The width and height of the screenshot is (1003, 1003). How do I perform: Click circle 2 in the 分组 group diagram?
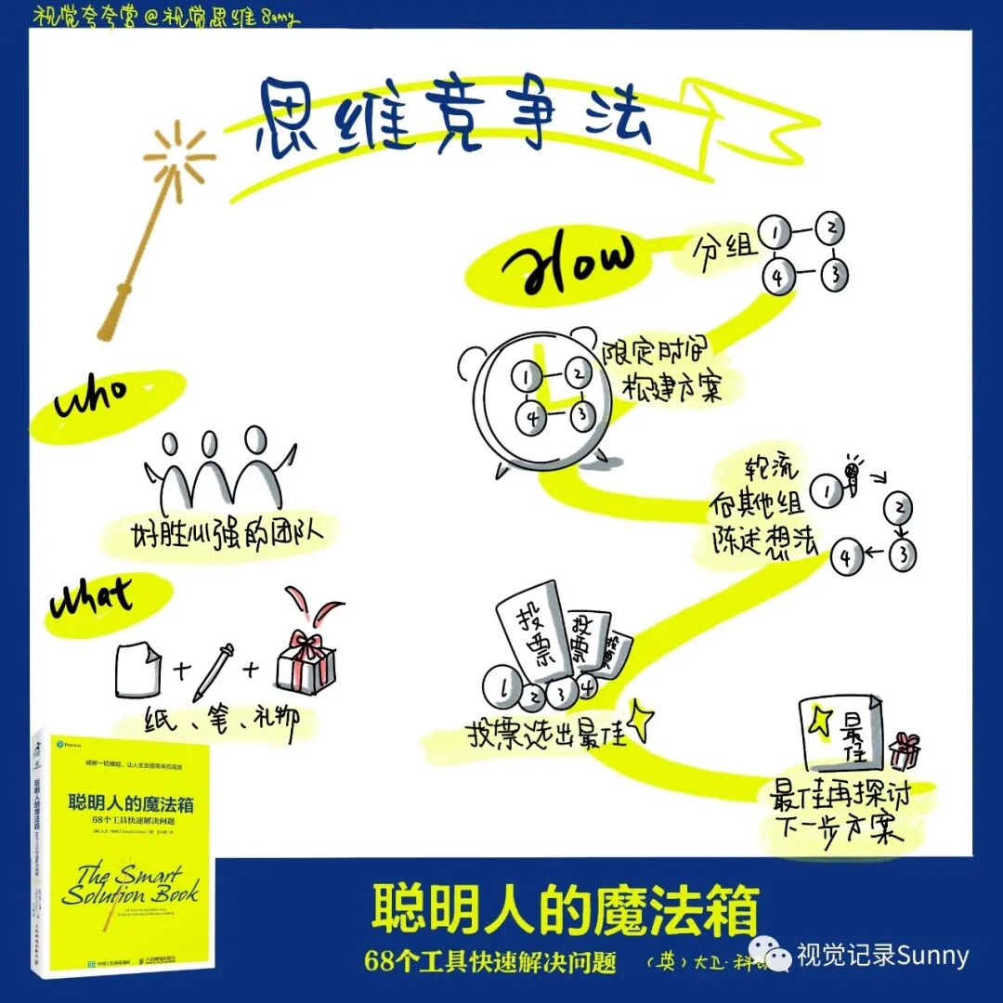click(x=832, y=228)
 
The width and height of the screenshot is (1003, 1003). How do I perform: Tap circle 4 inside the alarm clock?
click(x=533, y=419)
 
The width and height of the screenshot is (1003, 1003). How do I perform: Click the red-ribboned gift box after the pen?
click(x=306, y=656)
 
